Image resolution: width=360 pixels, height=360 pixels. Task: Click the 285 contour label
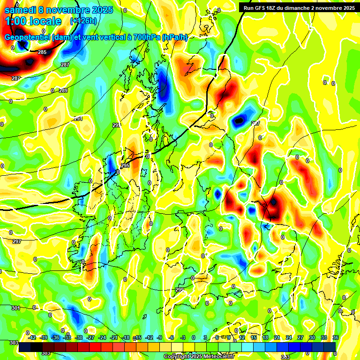(42, 52)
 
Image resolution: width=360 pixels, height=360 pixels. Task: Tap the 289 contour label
(63, 90)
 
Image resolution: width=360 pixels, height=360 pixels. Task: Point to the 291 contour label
(78, 119)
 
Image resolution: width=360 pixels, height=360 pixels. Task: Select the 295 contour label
(125, 166)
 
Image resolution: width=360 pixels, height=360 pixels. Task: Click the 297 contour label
(17, 241)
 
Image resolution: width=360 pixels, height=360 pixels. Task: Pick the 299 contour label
(180, 290)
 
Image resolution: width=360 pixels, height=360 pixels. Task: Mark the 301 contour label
(15, 308)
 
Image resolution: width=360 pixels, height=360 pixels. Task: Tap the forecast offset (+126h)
(84, 21)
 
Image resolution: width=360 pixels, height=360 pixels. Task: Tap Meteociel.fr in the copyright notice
(216, 357)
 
